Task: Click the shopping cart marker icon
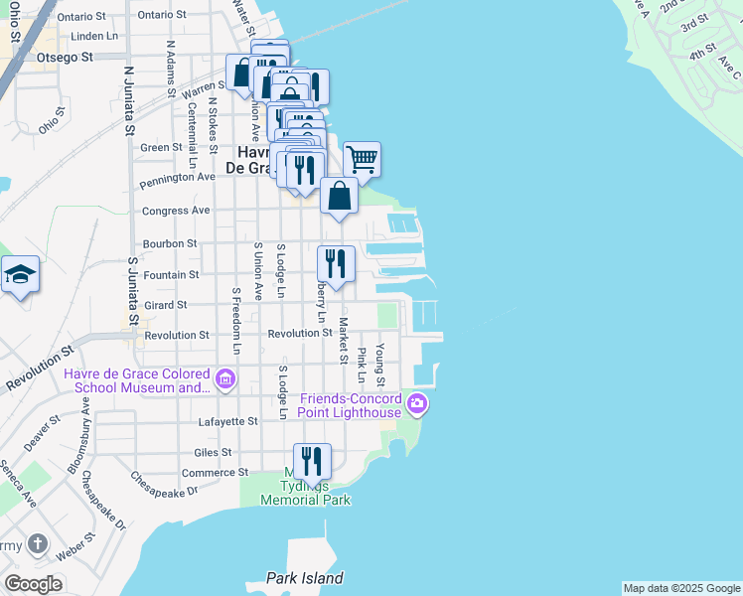click(x=363, y=159)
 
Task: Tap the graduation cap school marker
click(x=20, y=274)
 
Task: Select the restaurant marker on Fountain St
click(x=336, y=264)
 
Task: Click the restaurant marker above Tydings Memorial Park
click(x=313, y=461)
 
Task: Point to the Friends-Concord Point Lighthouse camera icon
click(x=417, y=403)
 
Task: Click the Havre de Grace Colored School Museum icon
click(x=225, y=378)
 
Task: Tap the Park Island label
click(x=305, y=578)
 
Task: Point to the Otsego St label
click(x=65, y=57)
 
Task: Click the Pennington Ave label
click(x=178, y=178)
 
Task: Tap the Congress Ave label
click(x=176, y=211)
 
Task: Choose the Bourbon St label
click(x=170, y=242)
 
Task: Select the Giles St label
click(x=213, y=452)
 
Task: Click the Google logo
click(x=33, y=584)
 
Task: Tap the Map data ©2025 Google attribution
click(x=681, y=588)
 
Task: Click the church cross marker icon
click(x=37, y=543)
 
